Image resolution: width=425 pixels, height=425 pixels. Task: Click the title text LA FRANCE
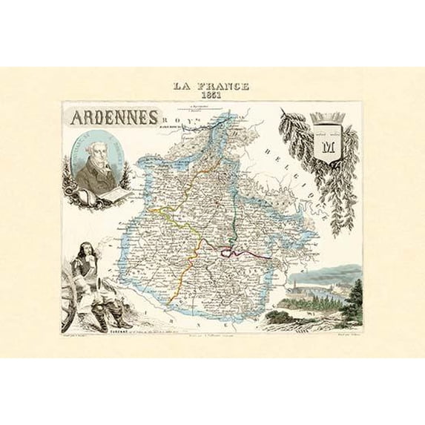point(211,86)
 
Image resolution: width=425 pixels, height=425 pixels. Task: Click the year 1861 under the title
point(211,96)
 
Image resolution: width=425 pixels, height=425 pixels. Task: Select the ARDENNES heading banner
point(113,118)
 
